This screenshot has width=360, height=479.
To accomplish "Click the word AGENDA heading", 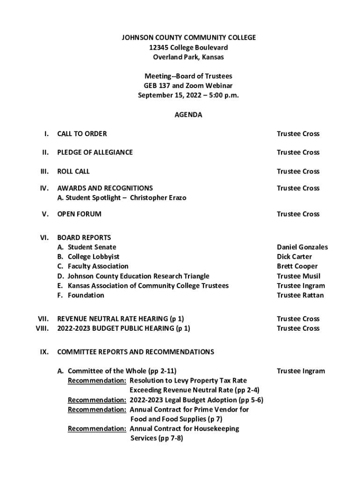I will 188,115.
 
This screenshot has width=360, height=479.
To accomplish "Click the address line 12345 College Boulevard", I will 188,47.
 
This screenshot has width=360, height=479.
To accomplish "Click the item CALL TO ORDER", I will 82,134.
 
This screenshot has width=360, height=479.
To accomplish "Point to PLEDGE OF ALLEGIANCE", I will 95,152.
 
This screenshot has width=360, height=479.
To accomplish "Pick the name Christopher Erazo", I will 158,198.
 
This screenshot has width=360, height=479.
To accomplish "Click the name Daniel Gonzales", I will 302,247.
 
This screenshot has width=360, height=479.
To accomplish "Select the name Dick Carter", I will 294,257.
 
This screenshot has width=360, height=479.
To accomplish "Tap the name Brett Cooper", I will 297,266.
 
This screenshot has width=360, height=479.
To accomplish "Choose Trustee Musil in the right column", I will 298,276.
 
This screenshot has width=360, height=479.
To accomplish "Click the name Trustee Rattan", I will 300,295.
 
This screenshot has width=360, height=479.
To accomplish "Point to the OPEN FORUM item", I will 79,214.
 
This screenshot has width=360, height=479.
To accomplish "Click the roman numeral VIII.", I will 43,328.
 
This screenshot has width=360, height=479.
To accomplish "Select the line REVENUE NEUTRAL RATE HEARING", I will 120,319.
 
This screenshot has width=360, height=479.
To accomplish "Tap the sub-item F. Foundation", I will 80,295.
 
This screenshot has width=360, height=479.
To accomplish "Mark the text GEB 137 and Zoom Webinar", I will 188,86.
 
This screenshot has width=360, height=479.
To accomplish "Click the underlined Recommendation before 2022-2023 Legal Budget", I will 97,400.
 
